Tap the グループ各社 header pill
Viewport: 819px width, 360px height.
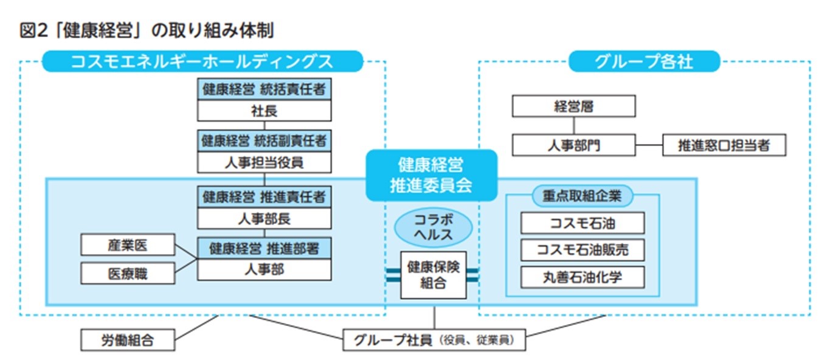[x=644, y=61]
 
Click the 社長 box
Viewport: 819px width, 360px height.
[x=264, y=111]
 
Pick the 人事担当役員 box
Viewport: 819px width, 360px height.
[x=264, y=162]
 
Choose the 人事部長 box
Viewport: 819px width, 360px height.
[x=264, y=218]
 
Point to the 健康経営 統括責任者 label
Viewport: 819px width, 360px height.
[x=264, y=90]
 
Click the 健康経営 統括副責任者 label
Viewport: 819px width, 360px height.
[x=264, y=140]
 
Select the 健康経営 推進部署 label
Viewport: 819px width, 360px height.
[x=264, y=248]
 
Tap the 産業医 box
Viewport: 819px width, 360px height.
[x=128, y=244]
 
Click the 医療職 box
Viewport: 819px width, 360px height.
[x=128, y=274]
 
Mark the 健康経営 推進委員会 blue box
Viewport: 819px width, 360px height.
[x=431, y=175]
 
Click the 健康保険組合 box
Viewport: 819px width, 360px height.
[x=433, y=275]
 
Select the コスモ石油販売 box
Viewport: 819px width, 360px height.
[x=582, y=250]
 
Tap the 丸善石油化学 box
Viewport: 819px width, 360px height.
[x=582, y=277]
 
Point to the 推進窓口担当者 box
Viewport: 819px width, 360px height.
[x=724, y=146]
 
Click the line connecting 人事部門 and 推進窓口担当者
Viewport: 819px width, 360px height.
[x=649, y=146]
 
